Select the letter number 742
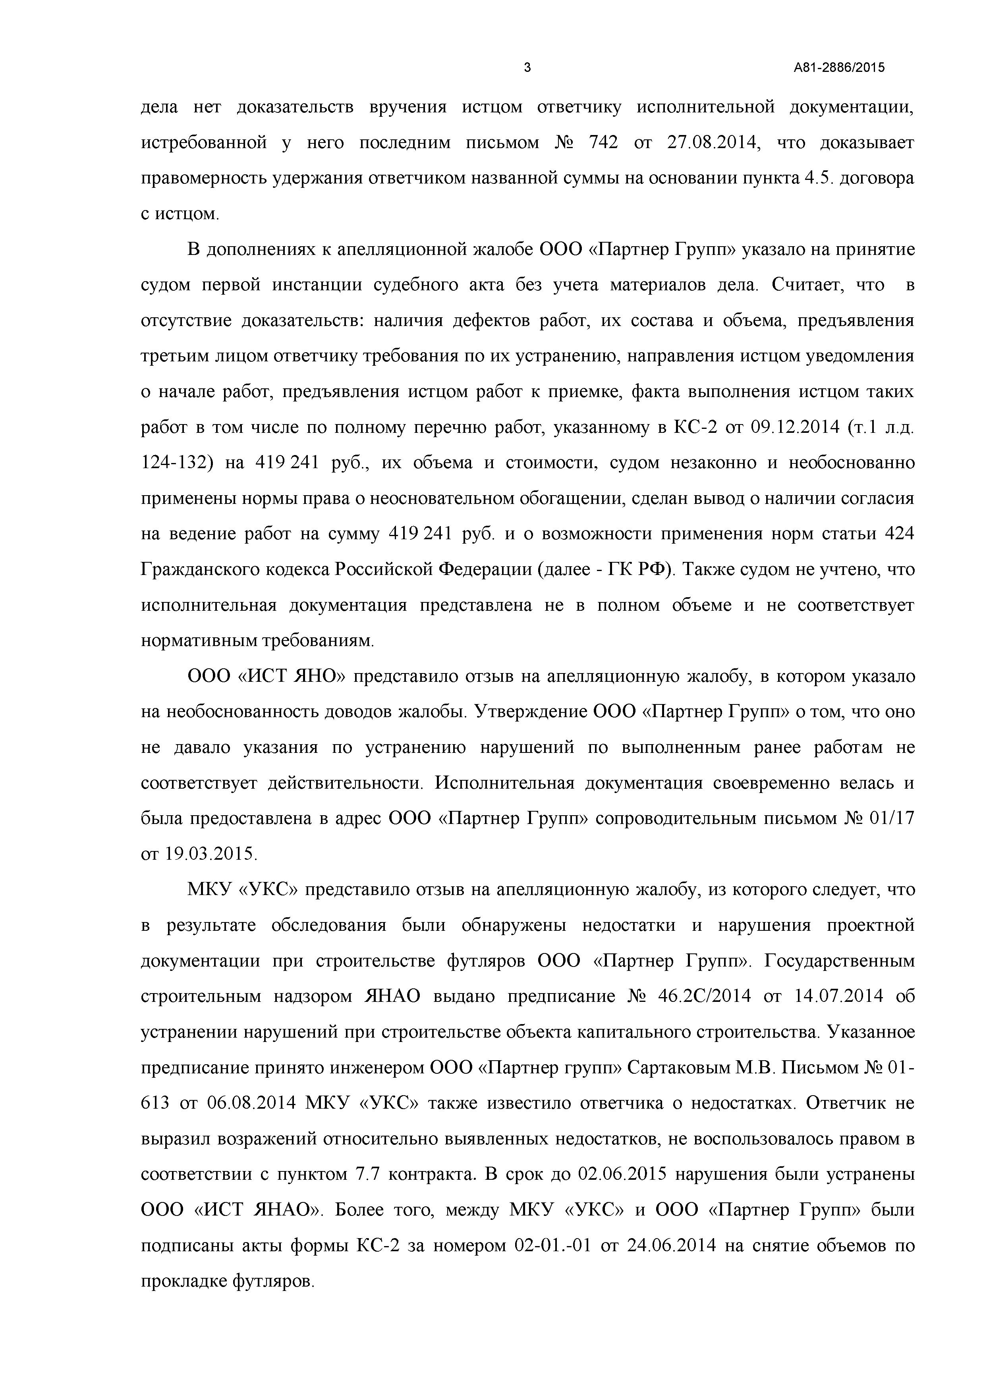603,143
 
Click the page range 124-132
177,463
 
